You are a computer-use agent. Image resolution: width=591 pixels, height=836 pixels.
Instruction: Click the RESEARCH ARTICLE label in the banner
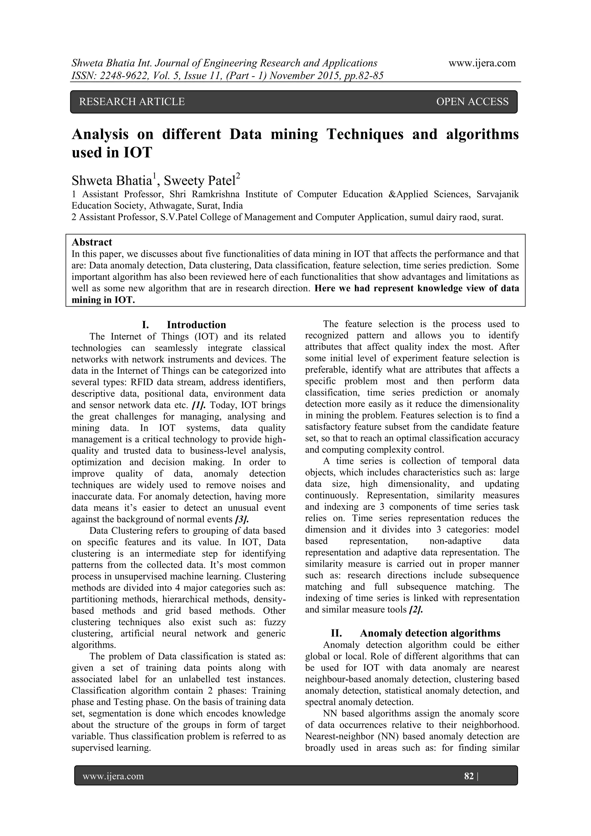coord(132,102)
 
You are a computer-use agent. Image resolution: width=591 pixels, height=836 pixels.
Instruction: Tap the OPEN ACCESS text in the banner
coord(472,102)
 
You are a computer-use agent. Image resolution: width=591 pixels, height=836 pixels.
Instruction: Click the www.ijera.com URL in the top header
coord(482,63)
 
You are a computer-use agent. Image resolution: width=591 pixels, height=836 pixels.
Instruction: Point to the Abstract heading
coord(92,242)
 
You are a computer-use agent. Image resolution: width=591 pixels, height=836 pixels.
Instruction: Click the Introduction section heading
coord(196,325)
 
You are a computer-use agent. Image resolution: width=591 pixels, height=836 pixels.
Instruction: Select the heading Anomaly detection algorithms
coord(430,633)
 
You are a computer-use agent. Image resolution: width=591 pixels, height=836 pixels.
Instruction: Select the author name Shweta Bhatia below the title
coord(111,181)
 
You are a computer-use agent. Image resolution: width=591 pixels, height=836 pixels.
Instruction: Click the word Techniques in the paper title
coord(365,134)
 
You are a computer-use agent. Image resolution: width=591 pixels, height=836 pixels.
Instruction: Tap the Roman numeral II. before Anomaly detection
coord(336,633)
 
